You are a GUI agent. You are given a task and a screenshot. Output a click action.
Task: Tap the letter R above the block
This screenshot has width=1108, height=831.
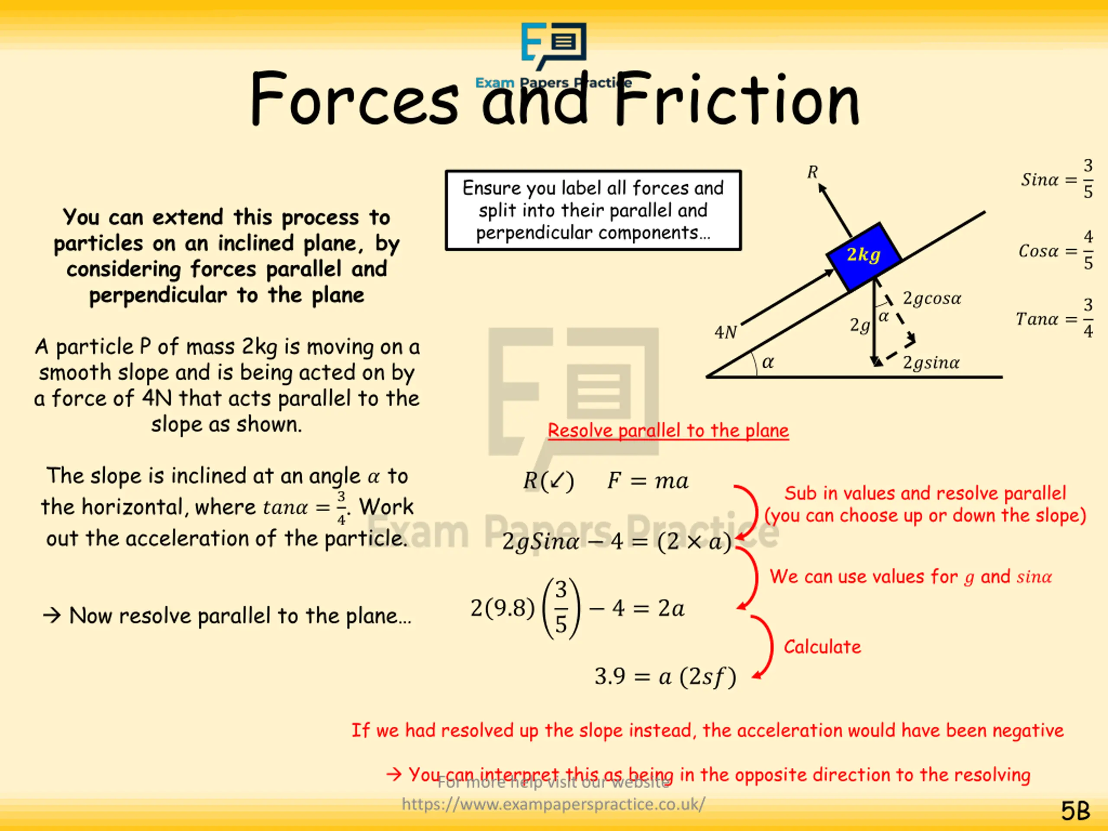(812, 172)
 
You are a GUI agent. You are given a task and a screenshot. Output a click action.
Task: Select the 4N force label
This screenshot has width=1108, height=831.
(725, 332)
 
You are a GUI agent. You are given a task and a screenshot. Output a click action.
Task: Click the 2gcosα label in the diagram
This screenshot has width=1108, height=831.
(932, 299)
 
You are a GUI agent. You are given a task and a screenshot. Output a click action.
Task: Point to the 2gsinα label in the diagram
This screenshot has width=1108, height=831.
(931, 363)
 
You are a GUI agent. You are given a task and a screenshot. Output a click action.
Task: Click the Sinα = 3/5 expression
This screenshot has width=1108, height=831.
(1057, 179)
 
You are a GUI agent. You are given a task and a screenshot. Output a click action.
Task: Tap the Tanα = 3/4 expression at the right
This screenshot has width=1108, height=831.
(1054, 319)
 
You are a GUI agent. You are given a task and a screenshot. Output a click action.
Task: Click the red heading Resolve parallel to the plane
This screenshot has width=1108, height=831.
(668, 431)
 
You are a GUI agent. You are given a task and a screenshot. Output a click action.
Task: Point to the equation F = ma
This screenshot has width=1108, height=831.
(647, 481)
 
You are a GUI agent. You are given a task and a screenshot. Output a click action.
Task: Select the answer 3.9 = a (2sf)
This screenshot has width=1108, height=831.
(665, 677)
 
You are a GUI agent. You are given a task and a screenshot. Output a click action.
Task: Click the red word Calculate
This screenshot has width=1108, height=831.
(822, 647)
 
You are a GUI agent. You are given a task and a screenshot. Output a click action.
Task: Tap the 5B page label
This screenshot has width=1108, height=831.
(1075, 811)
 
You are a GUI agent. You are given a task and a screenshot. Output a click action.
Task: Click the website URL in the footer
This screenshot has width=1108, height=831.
(553, 804)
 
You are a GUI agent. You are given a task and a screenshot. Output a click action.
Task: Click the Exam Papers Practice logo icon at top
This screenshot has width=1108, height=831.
(554, 45)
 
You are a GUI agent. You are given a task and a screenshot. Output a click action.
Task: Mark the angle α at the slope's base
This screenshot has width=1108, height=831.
(767, 362)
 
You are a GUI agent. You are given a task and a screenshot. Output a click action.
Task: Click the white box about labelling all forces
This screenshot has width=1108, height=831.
(593, 210)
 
